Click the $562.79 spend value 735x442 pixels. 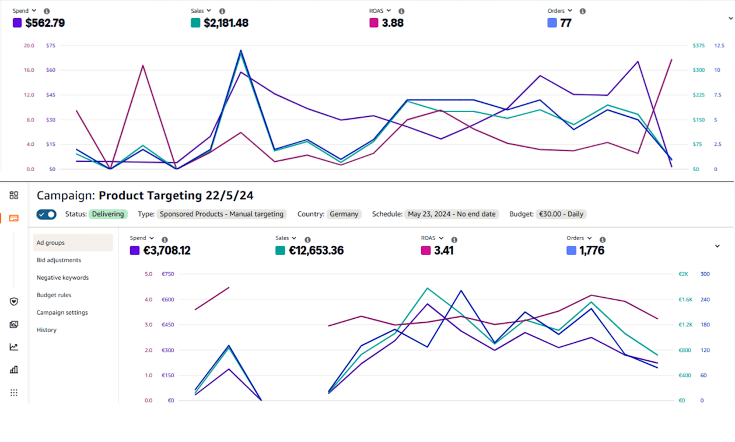[x=45, y=23]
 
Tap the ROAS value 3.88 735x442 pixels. [x=393, y=23]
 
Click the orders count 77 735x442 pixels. [x=566, y=23]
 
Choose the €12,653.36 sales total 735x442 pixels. [x=316, y=251]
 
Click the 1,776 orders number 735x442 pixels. [x=593, y=251]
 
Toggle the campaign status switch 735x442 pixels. [x=47, y=214]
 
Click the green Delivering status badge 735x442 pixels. [x=108, y=214]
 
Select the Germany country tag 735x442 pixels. [x=344, y=214]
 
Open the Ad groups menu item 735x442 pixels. [x=51, y=243]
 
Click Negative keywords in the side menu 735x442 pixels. [x=62, y=278]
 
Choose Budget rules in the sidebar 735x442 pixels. [x=54, y=295]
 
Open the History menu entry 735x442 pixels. [x=47, y=330]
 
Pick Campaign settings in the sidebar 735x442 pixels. [x=62, y=313]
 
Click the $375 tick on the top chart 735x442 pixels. [x=698, y=46]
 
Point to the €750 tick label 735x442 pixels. [x=167, y=274]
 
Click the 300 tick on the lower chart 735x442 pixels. [x=705, y=274]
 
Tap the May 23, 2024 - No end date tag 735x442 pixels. [x=452, y=214]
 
